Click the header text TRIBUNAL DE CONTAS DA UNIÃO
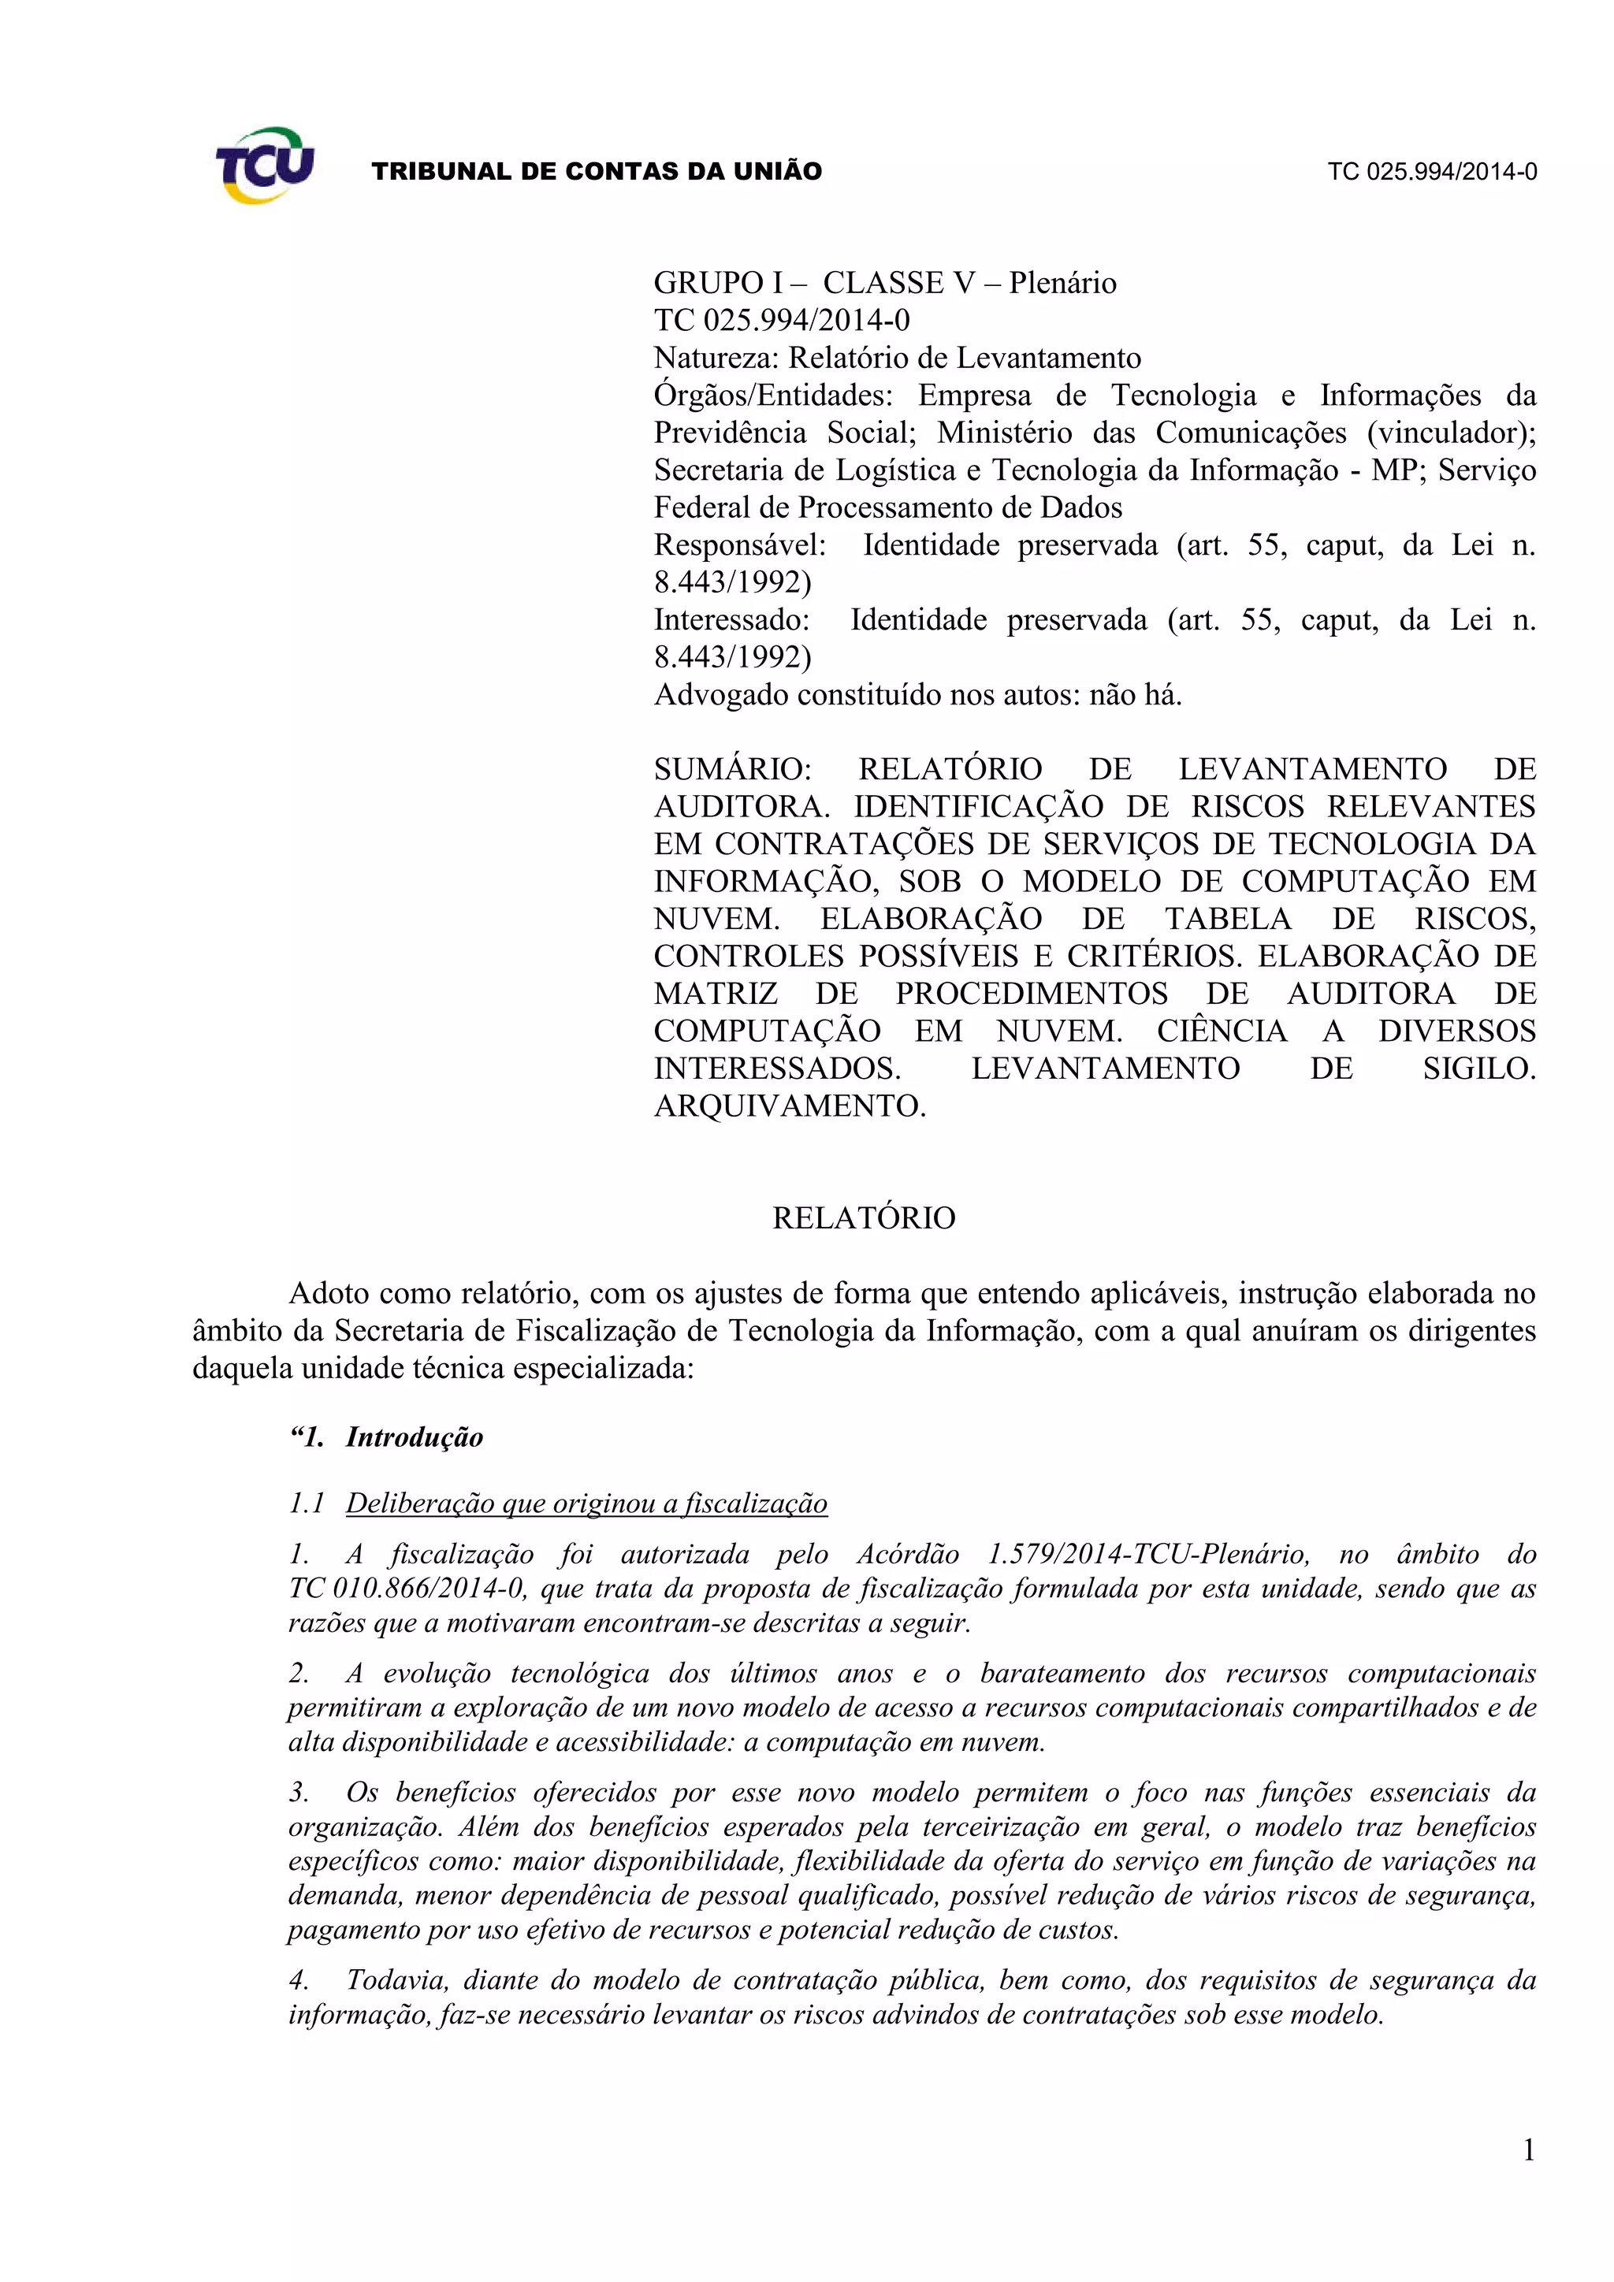pos(597,172)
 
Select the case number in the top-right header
pos(1432,172)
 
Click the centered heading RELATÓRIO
pos(864,1218)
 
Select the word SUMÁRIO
pos(732,769)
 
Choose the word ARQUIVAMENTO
pos(789,1106)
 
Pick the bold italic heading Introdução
pos(415,1438)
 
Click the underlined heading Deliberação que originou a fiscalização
pos(586,1503)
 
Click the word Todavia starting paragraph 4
pos(396,1981)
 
